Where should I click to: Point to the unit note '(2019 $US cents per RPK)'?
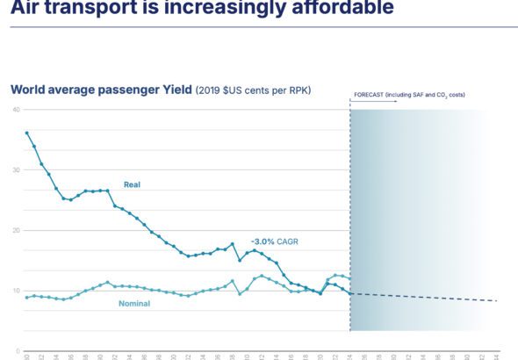(x=252, y=90)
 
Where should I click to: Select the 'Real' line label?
(x=132, y=184)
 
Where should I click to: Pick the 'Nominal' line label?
(x=133, y=304)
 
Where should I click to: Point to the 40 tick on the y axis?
(x=16, y=109)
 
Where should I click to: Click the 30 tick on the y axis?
(x=16, y=169)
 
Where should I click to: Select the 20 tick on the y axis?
(x=16, y=230)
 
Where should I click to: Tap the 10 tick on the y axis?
(x=16, y=290)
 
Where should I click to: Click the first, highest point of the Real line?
(x=26, y=133)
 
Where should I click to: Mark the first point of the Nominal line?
(x=26, y=298)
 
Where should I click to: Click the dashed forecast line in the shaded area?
(x=421, y=297)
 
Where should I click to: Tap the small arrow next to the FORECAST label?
(x=351, y=101)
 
